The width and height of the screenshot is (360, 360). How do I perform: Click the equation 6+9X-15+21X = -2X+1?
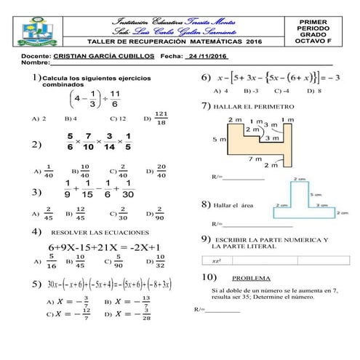click(x=105, y=247)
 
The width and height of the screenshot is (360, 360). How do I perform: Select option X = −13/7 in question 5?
click(x=132, y=300)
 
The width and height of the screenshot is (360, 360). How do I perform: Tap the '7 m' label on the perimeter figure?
click(x=255, y=158)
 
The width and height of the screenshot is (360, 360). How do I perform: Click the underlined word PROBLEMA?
click(x=251, y=278)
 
